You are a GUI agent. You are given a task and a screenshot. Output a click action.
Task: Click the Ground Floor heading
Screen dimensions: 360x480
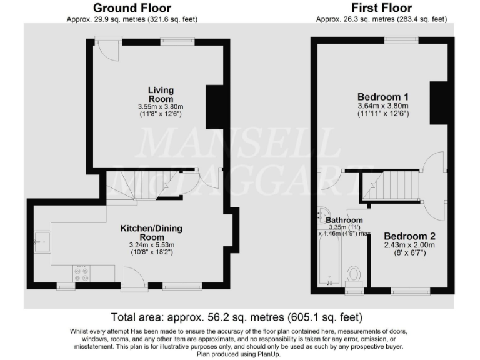coord(132,8)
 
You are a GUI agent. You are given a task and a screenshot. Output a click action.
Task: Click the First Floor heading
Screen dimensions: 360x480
coord(381,8)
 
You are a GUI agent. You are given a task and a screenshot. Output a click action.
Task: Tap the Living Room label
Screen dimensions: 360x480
coord(161,94)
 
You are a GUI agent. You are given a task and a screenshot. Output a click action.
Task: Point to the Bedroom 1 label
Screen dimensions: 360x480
coord(382,97)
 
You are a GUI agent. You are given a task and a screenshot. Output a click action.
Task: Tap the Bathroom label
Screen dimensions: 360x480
coord(344,220)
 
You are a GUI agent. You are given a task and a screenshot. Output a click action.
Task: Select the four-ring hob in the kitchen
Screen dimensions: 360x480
coord(82,273)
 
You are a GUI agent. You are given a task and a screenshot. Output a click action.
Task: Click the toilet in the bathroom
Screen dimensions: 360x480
coord(354,274)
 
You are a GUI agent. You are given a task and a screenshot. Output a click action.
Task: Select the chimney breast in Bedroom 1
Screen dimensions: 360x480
coord(439,102)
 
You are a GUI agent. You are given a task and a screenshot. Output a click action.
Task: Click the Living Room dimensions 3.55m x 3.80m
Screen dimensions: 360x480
coord(161,107)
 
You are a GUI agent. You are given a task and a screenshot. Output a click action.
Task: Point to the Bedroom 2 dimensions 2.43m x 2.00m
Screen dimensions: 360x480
coord(409,246)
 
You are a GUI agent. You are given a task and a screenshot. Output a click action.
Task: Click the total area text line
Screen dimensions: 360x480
coord(236,317)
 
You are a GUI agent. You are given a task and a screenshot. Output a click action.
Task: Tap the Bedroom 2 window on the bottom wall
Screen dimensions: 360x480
coord(410,291)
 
